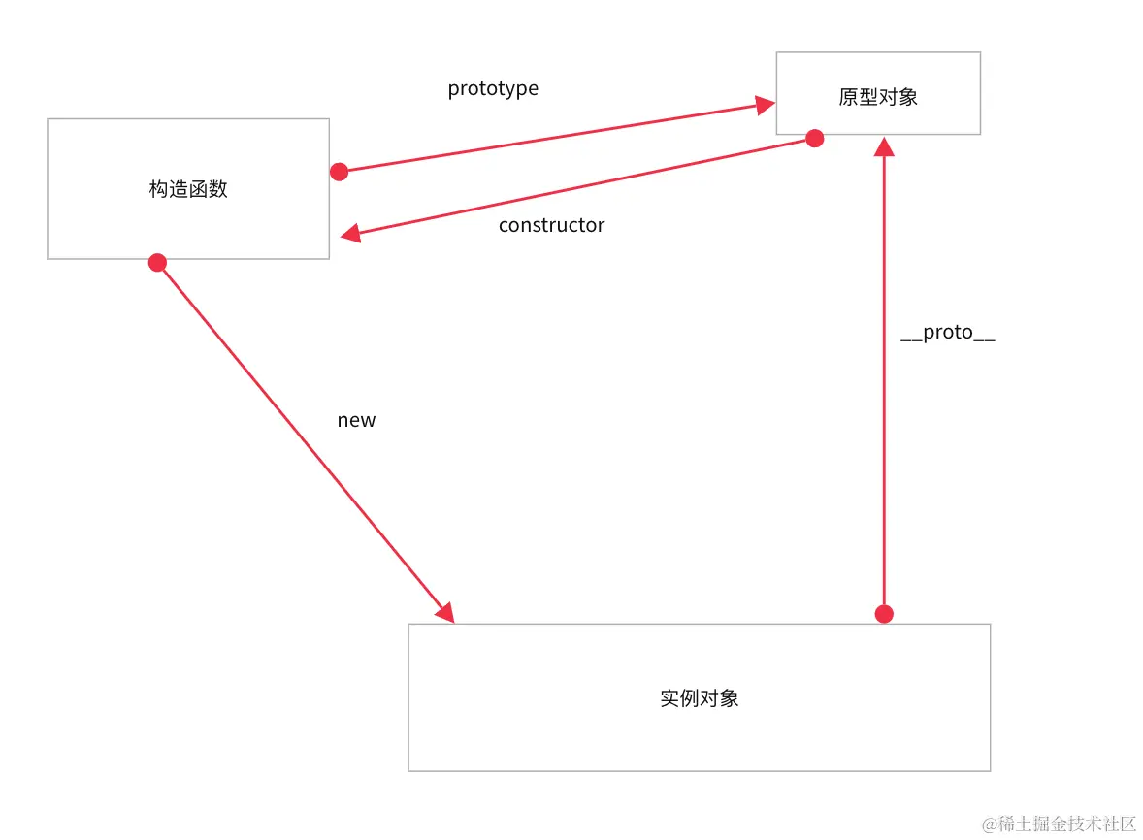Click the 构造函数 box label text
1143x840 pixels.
[x=188, y=189]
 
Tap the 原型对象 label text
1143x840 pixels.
[x=878, y=97]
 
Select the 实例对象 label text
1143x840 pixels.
[x=700, y=698]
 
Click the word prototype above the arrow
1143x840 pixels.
[x=493, y=89]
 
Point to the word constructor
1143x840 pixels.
[x=551, y=225]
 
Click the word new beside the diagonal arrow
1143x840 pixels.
[x=356, y=420]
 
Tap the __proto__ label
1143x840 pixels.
[x=948, y=333]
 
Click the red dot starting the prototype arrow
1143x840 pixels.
[x=339, y=172]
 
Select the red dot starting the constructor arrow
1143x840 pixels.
[x=815, y=139]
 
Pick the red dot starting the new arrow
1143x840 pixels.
[x=157, y=262]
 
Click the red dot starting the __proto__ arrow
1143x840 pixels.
[x=884, y=614]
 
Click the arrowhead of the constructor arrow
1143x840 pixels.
[x=350, y=234]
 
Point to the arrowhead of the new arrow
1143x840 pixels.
[x=445, y=612]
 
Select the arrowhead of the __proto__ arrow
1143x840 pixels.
[x=884, y=146]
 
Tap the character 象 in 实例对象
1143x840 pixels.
[x=730, y=698]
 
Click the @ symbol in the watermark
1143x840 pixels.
[x=990, y=824]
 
